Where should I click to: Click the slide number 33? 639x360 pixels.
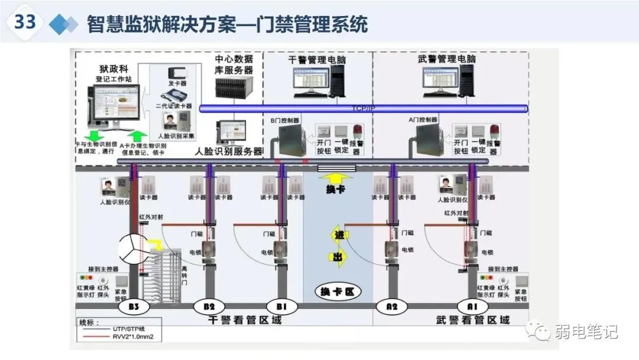pos(25,22)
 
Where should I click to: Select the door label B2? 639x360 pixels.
pos(209,307)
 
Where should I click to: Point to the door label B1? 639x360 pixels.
pos(281,307)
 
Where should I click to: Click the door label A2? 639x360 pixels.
pos(391,307)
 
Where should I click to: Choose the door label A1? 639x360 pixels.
pos(472,307)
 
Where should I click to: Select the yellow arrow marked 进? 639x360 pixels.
pos(338,235)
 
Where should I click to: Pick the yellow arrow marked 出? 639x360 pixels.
pos(337,257)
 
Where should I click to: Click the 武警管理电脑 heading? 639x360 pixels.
pos(448,60)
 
